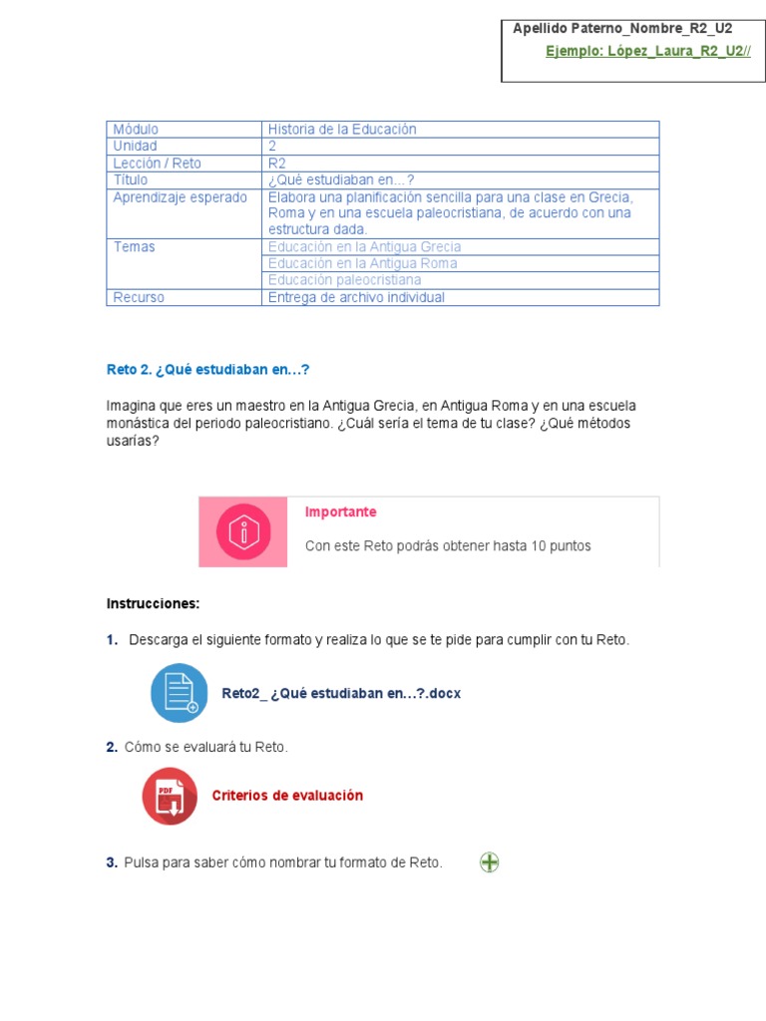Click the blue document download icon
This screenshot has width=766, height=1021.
180,693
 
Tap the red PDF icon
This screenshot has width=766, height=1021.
170,796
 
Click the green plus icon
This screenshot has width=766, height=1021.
489,862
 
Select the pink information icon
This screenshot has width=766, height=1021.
243,532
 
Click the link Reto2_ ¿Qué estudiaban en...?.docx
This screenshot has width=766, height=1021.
341,693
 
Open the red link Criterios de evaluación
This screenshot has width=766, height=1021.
287,796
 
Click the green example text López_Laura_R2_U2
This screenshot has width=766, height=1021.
647,51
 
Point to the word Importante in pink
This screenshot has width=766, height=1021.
340,511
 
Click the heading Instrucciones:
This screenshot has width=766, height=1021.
153,603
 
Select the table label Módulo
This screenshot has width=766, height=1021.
136,130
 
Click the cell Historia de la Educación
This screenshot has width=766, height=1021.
342,130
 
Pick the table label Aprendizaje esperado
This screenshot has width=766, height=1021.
180,197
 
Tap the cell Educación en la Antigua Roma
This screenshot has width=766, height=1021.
363,263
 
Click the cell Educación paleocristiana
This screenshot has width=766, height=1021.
344,280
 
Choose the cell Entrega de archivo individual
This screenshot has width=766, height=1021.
356,297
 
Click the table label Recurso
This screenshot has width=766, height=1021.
139,297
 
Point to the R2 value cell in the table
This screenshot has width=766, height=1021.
277,164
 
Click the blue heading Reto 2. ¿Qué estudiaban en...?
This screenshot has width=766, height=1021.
208,370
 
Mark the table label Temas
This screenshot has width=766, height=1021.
134,247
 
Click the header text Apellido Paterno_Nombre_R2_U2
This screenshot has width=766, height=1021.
622,29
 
